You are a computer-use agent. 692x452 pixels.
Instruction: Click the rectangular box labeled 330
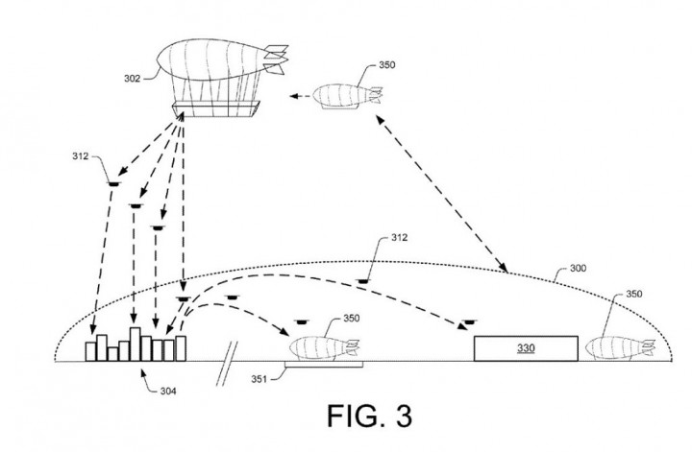(x=525, y=347)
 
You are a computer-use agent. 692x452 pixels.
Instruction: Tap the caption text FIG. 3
(x=367, y=417)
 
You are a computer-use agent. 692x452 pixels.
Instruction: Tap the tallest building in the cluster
(x=136, y=344)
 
